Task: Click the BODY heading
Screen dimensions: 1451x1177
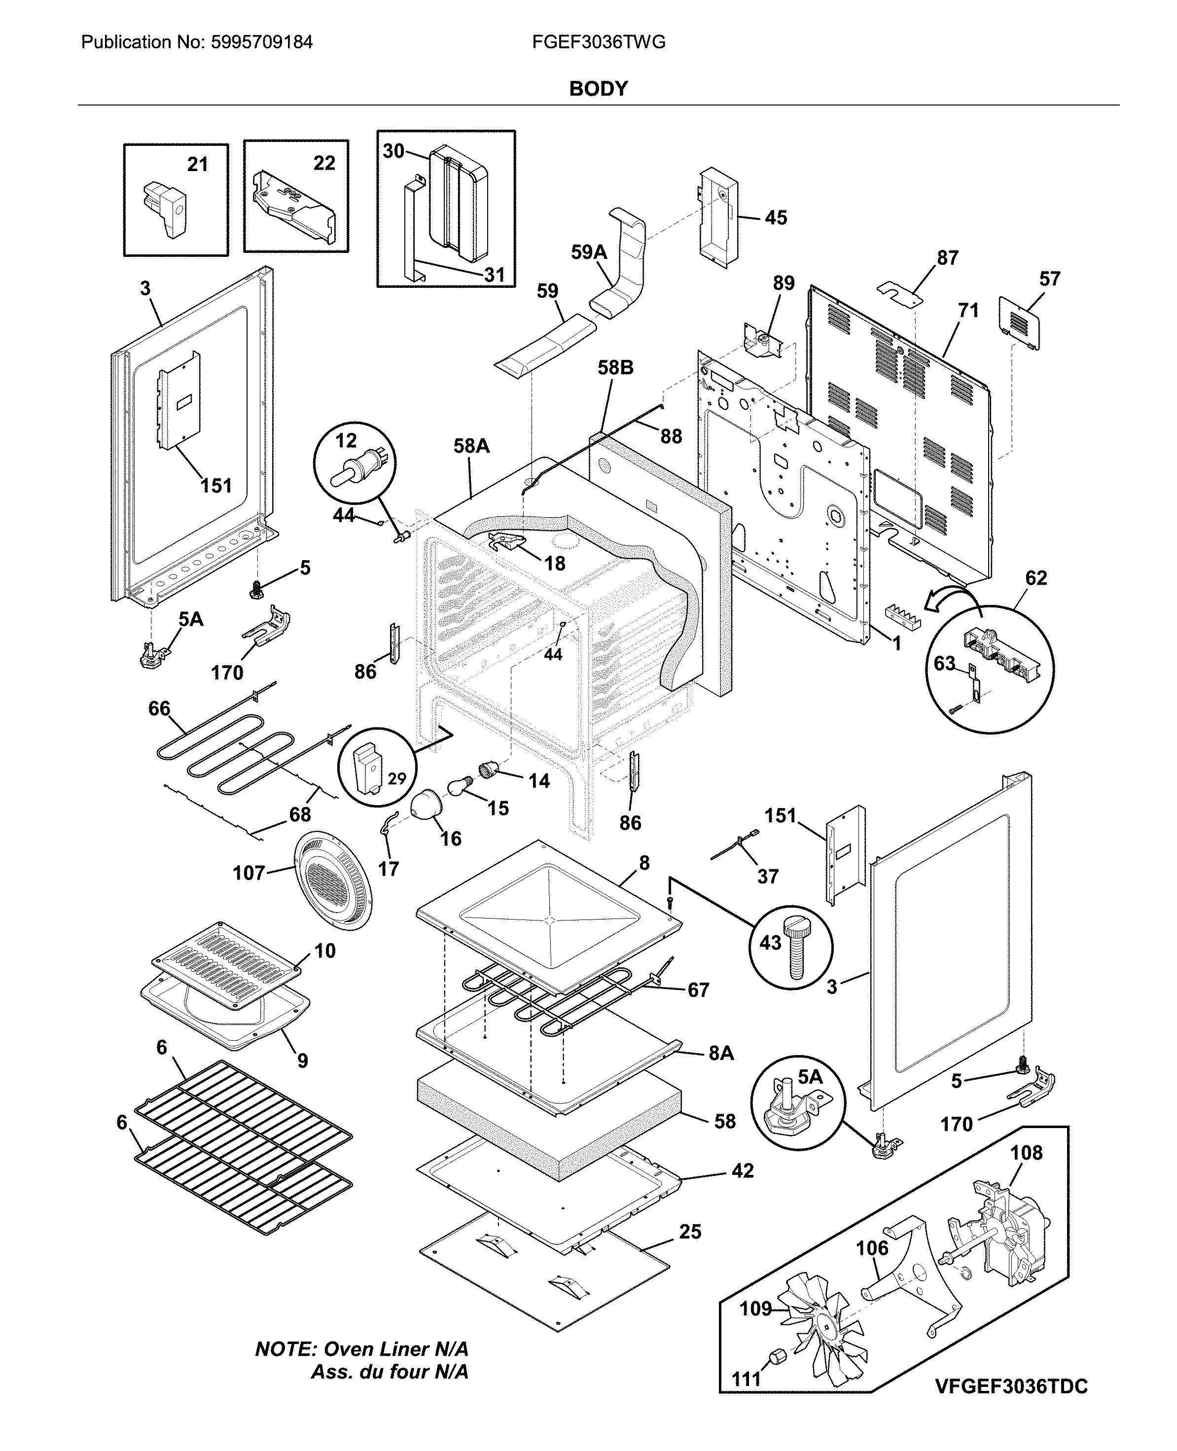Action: pyautogui.click(x=598, y=89)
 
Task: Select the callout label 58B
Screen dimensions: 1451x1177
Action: pyautogui.click(x=615, y=367)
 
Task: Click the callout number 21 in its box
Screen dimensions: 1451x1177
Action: pyautogui.click(x=197, y=164)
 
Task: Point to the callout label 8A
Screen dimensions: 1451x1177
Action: pyautogui.click(x=721, y=1053)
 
